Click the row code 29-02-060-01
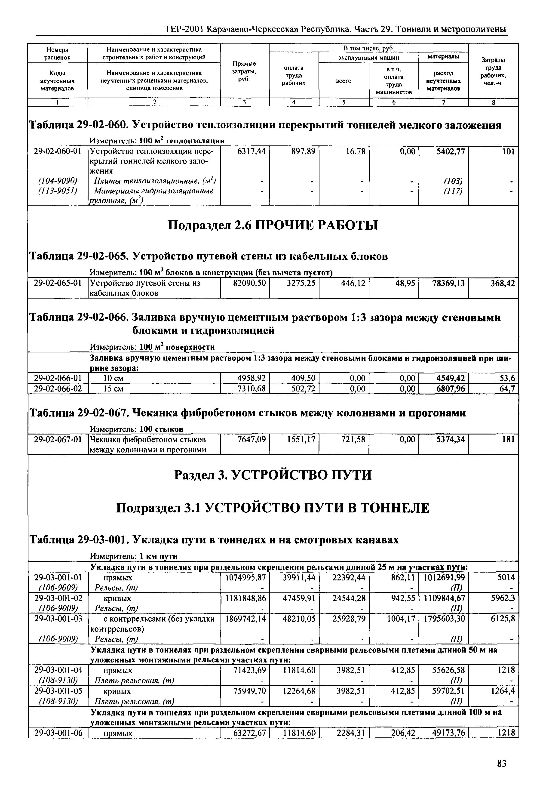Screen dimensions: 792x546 point(58,151)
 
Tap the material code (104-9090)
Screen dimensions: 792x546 point(58,181)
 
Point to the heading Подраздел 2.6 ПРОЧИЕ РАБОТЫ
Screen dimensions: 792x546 point(273,225)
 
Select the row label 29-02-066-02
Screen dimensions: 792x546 point(58,389)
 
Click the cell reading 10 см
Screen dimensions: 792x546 point(113,378)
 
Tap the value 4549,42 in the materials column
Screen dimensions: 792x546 point(450,378)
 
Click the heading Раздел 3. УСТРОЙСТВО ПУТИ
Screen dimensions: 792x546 point(273,475)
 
